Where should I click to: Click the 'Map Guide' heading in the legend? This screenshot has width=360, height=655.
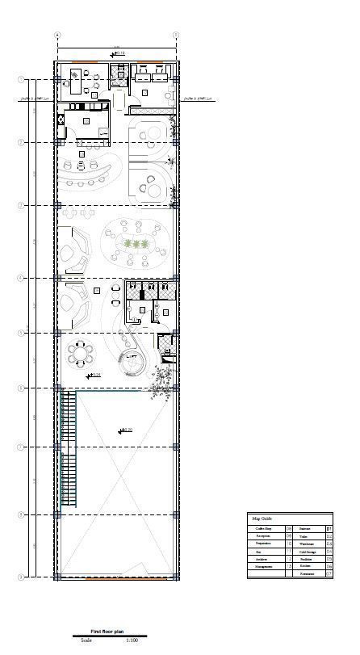pyautogui.click(x=262, y=519)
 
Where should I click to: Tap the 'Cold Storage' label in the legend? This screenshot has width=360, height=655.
pyautogui.click(x=308, y=552)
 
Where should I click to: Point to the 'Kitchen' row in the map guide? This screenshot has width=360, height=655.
pyautogui.click(x=304, y=567)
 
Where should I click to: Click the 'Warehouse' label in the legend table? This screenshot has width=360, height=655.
pyautogui.click(x=306, y=544)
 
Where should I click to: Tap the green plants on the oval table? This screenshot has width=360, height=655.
pyautogui.click(x=135, y=244)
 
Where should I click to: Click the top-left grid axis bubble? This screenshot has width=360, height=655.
pyautogui.click(x=58, y=36)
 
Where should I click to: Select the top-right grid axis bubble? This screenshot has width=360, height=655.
pyautogui.click(x=176, y=36)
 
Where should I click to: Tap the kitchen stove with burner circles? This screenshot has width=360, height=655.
pyautogui.click(x=61, y=120)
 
